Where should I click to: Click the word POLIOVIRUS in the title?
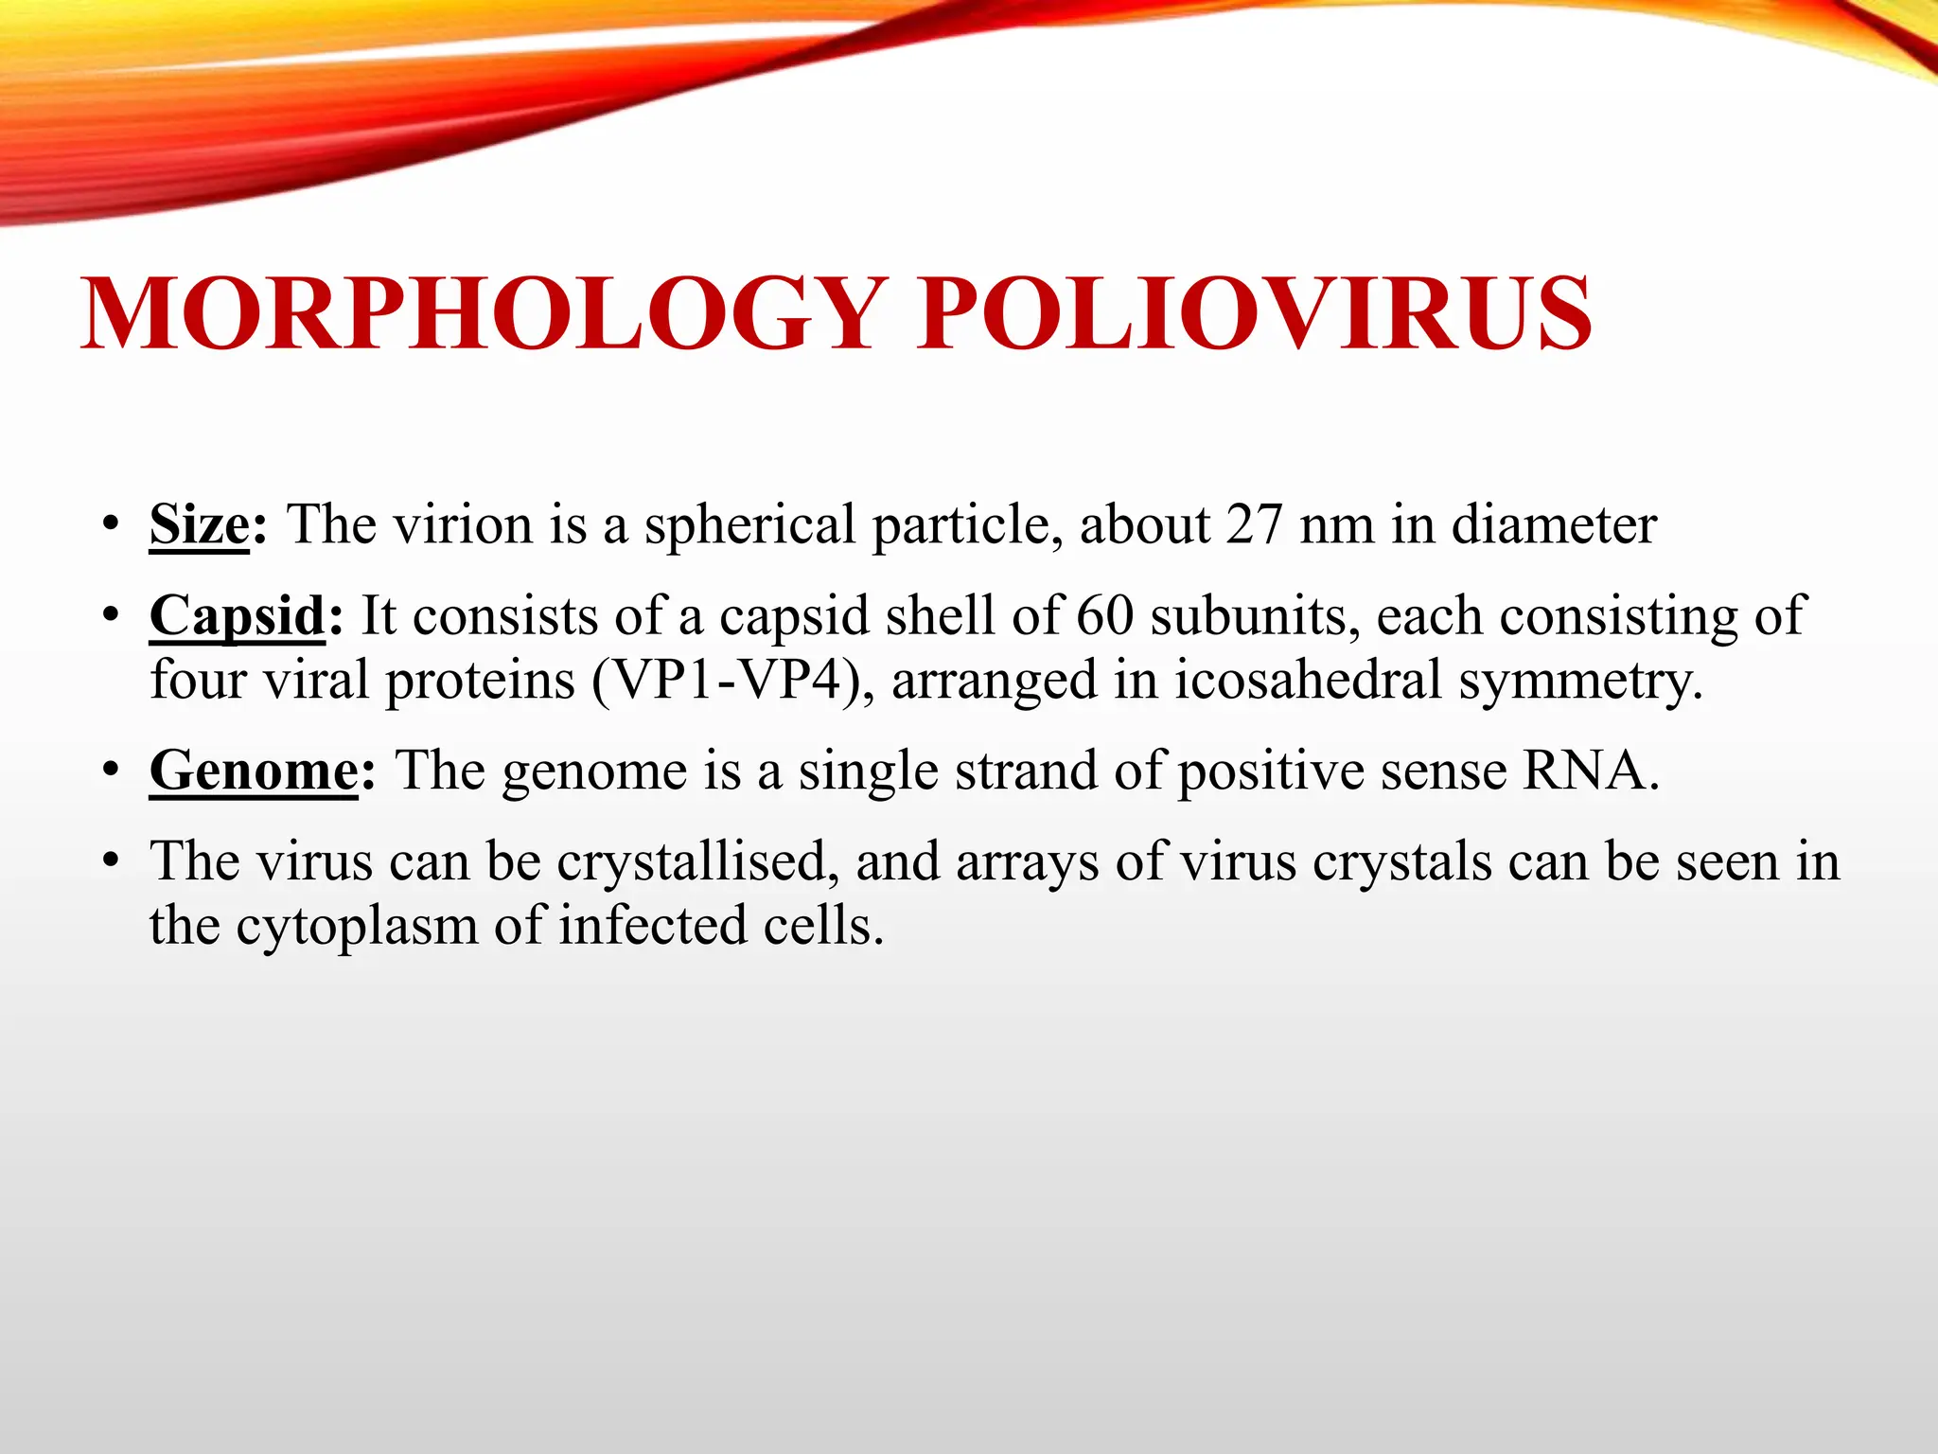pyautogui.click(x=1254, y=314)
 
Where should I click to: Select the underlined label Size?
pyautogui.click(x=200, y=524)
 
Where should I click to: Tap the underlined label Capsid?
pyautogui.click(x=238, y=616)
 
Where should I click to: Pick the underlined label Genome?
pyautogui.click(x=254, y=771)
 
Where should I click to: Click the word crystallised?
pyautogui.click(x=697, y=862)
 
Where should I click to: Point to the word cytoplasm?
pyautogui.click(x=357, y=927)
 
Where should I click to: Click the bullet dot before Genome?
pyautogui.click(x=112, y=771)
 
